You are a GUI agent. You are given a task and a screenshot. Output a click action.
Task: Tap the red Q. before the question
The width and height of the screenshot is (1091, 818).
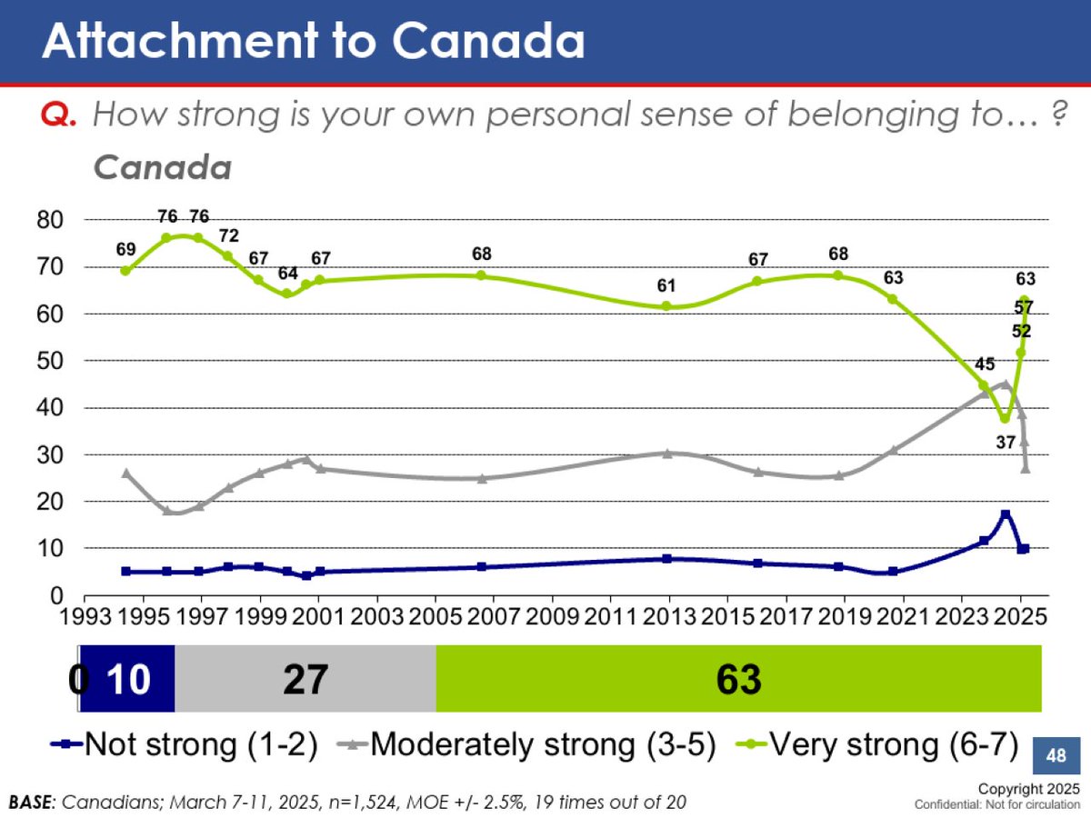tap(62, 115)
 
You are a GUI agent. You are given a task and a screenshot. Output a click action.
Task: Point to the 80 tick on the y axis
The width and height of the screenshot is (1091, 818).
tap(51, 220)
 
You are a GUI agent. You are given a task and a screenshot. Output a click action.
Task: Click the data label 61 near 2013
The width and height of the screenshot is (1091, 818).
tap(666, 286)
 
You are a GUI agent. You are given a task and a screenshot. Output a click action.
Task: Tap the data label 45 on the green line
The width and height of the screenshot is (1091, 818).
tap(984, 364)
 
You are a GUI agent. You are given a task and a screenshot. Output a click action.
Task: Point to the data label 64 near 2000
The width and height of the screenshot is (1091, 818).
tap(287, 273)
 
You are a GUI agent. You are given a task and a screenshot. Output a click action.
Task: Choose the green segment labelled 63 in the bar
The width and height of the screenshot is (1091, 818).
tap(738, 679)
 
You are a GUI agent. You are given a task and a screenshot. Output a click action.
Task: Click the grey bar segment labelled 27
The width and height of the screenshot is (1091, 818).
tap(305, 679)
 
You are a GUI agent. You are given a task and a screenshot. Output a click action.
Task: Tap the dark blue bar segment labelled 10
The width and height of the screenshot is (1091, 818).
tap(126, 679)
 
